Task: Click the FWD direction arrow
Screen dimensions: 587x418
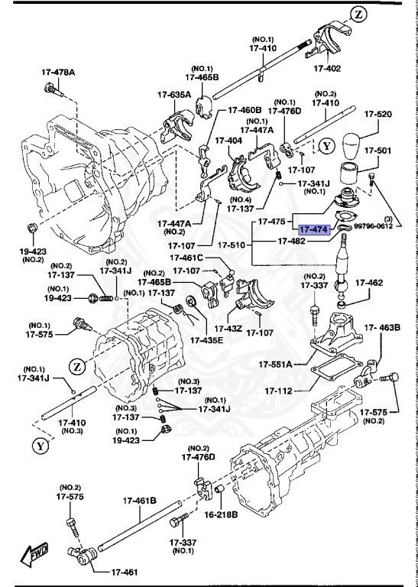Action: pos(34,554)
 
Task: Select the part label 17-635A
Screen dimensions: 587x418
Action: pos(174,95)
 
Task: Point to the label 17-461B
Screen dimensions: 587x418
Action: pos(140,501)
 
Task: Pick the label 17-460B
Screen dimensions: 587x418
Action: pos(244,110)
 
